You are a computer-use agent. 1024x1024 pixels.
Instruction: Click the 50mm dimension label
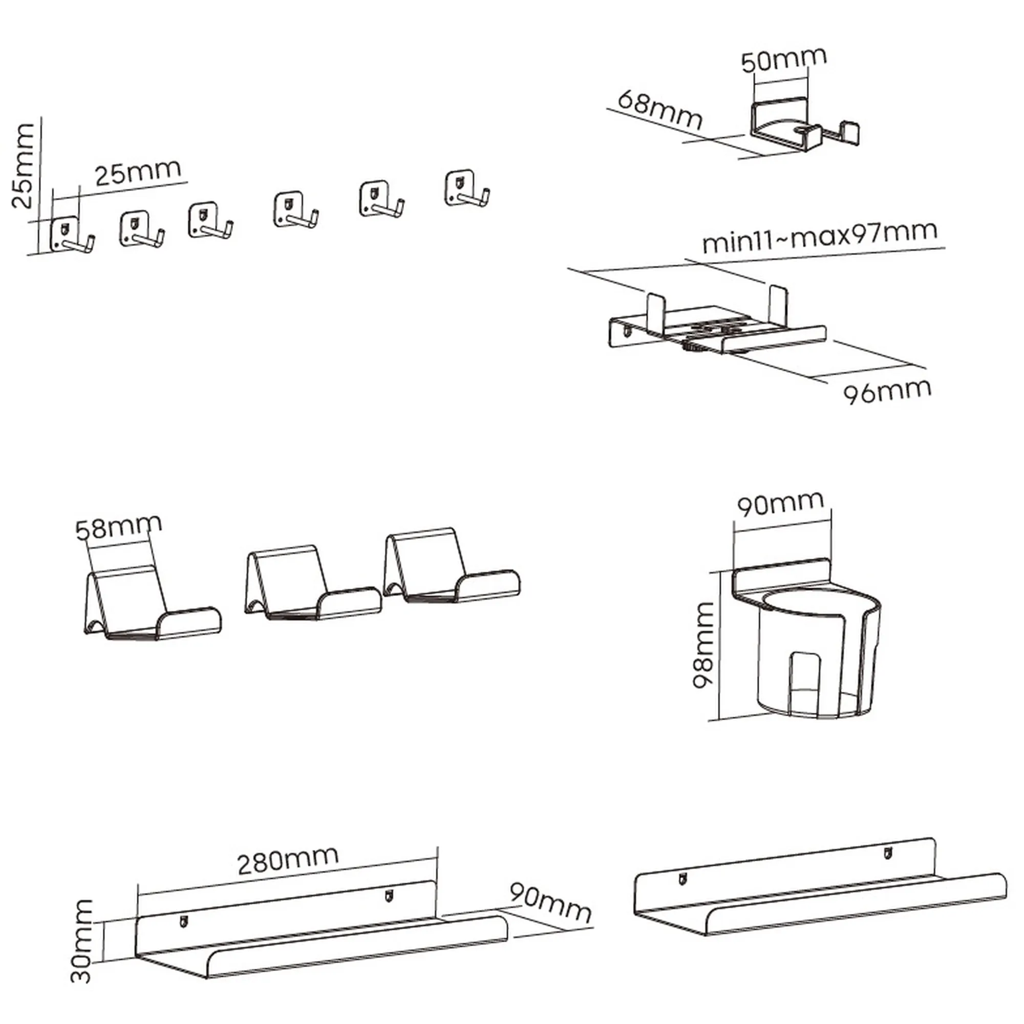pyautogui.click(x=783, y=60)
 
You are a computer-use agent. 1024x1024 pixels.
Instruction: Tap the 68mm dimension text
pyautogui.click(x=660, y=110)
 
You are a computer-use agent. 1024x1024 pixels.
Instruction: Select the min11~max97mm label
pyautogui.click(x=819, y=237)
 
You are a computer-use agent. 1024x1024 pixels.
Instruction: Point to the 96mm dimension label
pyautogui.click(x=887, y=392)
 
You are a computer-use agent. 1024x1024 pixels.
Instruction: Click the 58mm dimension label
pyautogui.click(x=118, y=527)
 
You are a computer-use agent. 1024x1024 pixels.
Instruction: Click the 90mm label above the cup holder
pyautogui.click(x=781, y=503)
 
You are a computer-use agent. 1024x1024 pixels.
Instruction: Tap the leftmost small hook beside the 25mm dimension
pyautogui.click(x=72, y=235)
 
